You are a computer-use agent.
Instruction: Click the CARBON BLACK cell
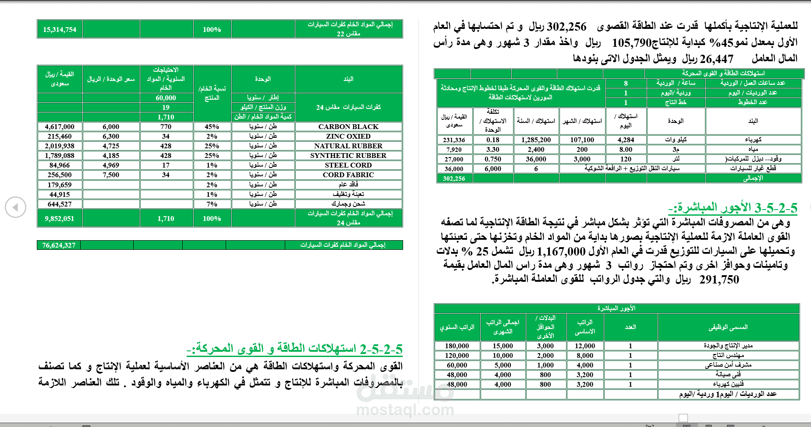tap(348, 127)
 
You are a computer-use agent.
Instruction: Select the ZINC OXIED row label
tap(348, 136)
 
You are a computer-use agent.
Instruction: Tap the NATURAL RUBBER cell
tap(348, 146)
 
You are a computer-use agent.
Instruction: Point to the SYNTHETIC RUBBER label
tap(348, 156)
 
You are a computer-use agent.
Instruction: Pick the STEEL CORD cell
tap(348, 165)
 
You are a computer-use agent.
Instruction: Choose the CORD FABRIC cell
tap(348, 175)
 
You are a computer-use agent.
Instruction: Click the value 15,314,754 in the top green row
tap(60, 30)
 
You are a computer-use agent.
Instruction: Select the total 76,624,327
tap(59, 245)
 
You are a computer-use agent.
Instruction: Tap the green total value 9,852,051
tap(60, 219)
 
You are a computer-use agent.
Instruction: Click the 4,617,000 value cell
tap(60, 127)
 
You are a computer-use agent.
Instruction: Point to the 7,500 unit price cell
tap(111, 175)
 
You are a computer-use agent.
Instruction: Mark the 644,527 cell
tap(60, 204)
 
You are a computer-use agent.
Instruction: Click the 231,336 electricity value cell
tap(454, 140)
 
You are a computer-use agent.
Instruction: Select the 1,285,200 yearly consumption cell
tap(536, 140)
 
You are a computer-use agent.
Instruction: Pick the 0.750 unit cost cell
tap(493, 159)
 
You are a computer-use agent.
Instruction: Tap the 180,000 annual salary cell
tap(457, 346)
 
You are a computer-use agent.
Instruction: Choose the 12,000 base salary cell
tap(585, 346)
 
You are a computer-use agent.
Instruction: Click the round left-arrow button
tap(15, 207)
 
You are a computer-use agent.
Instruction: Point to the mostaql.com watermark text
tap(405, 410)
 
